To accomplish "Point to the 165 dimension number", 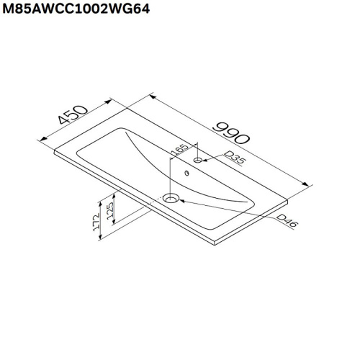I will (x=179, y=156).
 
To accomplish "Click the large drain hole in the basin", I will (x=171, y=198).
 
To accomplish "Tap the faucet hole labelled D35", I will (x=197, y=162).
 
